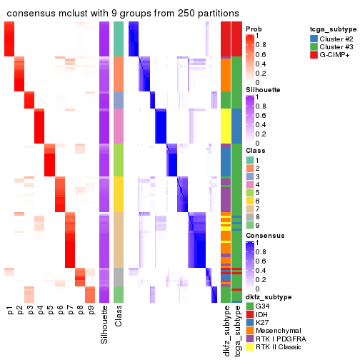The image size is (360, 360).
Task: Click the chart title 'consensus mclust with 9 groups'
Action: coord(123,14)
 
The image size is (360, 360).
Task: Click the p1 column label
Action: coord(10,311)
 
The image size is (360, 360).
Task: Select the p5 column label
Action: coord(51,311)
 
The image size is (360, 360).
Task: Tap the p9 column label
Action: coord(91,311)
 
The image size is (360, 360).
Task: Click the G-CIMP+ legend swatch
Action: coord(314,54)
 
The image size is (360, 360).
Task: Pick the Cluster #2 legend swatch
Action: coord(314,37)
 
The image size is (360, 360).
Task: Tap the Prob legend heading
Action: coord(254,29)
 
